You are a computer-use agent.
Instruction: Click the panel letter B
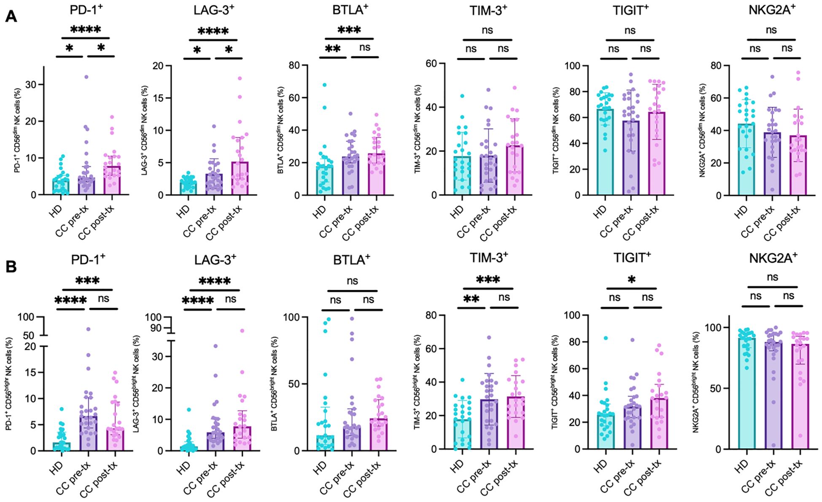click(x=11, y=267)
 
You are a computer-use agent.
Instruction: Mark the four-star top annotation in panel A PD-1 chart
click(x=86, y=30)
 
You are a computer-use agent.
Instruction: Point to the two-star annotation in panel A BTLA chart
click(x=332, y=49)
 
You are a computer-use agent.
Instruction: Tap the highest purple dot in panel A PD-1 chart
click(x=86, y=77)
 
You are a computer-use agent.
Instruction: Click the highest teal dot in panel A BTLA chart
click(x=324, y=85)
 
